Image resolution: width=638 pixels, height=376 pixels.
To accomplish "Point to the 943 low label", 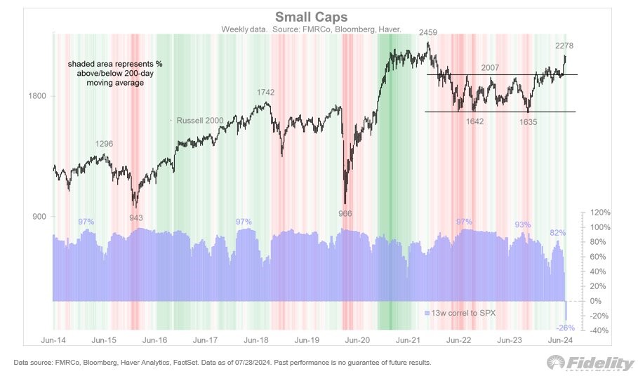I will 136,217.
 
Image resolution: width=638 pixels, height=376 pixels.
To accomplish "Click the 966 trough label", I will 344,213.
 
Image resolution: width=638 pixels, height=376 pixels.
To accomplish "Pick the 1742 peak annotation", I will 265,92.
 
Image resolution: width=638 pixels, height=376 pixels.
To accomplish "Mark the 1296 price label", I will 105,144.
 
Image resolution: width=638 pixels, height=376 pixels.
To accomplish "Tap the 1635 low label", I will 530,121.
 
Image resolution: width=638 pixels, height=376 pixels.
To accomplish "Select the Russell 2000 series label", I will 200,121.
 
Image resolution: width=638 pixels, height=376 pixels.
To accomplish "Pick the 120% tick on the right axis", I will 600,212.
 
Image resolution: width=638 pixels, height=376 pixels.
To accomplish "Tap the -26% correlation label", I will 566,328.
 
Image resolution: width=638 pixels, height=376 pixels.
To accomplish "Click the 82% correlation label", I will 557,233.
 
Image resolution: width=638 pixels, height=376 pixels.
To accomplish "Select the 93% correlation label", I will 522,224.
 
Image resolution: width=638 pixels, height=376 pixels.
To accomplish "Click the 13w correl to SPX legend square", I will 427,311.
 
